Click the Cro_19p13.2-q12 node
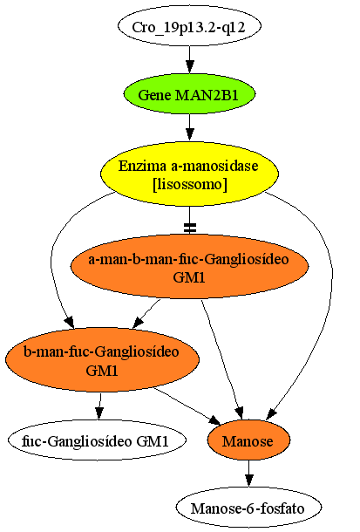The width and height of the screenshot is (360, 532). point(189,26)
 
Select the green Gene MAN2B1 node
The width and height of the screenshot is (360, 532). point(189,94)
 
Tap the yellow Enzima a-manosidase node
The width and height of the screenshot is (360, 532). point(189,174)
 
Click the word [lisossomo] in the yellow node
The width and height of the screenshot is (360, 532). point(190,185)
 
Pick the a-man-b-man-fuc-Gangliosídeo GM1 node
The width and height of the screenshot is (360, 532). point(189,267)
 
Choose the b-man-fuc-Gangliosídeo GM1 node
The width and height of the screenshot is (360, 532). point(102,359)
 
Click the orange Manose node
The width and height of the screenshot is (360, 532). point(248,440)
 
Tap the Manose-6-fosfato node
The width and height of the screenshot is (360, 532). point(248,508)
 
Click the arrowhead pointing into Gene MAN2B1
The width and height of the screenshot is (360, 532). point(190,67)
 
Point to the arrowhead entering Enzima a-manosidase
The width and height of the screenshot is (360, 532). point(190,134)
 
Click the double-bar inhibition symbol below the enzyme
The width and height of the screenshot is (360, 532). point(190,228)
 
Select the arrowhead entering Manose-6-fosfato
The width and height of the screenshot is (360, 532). point(249,481)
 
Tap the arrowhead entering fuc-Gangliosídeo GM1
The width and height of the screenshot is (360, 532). point(99,413)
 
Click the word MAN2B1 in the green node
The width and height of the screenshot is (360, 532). point(207,95)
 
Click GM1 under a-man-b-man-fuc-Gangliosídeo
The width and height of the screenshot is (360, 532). point(189,277)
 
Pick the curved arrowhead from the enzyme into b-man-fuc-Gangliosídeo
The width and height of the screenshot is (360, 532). point(70,322)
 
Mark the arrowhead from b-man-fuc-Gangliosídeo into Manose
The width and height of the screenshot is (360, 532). point(214,420)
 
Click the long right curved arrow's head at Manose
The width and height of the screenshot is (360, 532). point(272,414)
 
